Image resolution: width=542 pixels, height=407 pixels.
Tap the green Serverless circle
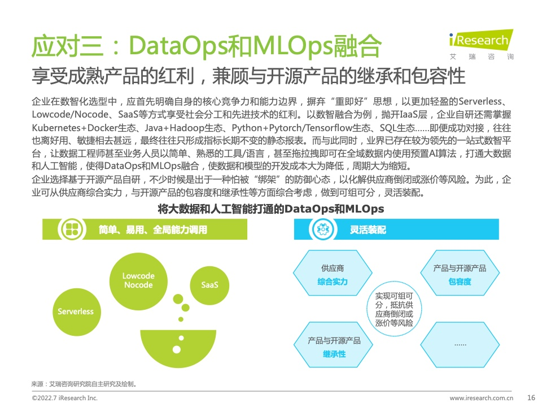pyautogui.click(x=76, y=312)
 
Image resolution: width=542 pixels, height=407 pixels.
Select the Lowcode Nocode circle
pyautogui.click(x=138, y=281)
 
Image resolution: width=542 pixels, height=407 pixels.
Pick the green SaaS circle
pyautogui.click(x=209, y=285)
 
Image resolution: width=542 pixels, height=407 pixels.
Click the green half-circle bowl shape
pyautogui.click(x=178, y=348)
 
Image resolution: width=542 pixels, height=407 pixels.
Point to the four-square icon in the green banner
pyautogui.click(x=72, y=229)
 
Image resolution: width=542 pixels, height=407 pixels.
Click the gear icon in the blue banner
pyautogui.click(x=323, y=229)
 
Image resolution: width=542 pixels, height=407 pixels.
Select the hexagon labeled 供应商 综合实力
pyautogui.click(x=333, y=273)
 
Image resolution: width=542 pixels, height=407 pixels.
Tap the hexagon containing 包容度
pyautogui.click(x=460, y=273)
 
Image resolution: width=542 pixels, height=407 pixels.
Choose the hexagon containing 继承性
pyautogui.click(x=334, y=345)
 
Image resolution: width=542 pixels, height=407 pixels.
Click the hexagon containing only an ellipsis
pyautogui.click(x=460, y=345)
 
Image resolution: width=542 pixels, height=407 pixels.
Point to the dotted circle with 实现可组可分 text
pyautogui.click(x=394, y=309)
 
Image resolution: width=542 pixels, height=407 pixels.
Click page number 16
pyautogui.click(x=531, y=397)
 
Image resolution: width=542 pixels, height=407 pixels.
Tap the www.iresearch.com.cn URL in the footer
pyautogui.click(x=481, y=398)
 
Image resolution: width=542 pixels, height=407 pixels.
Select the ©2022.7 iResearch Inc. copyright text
pyautogui.click(x=64, y=398)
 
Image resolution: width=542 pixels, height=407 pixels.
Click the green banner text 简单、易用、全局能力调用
pyautogui.click(x=153, y=230)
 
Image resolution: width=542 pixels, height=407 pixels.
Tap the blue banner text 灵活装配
pyautogui.click(x=368, y=230)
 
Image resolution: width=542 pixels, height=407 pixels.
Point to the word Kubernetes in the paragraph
pyautogui.click(x=56, y=128)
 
